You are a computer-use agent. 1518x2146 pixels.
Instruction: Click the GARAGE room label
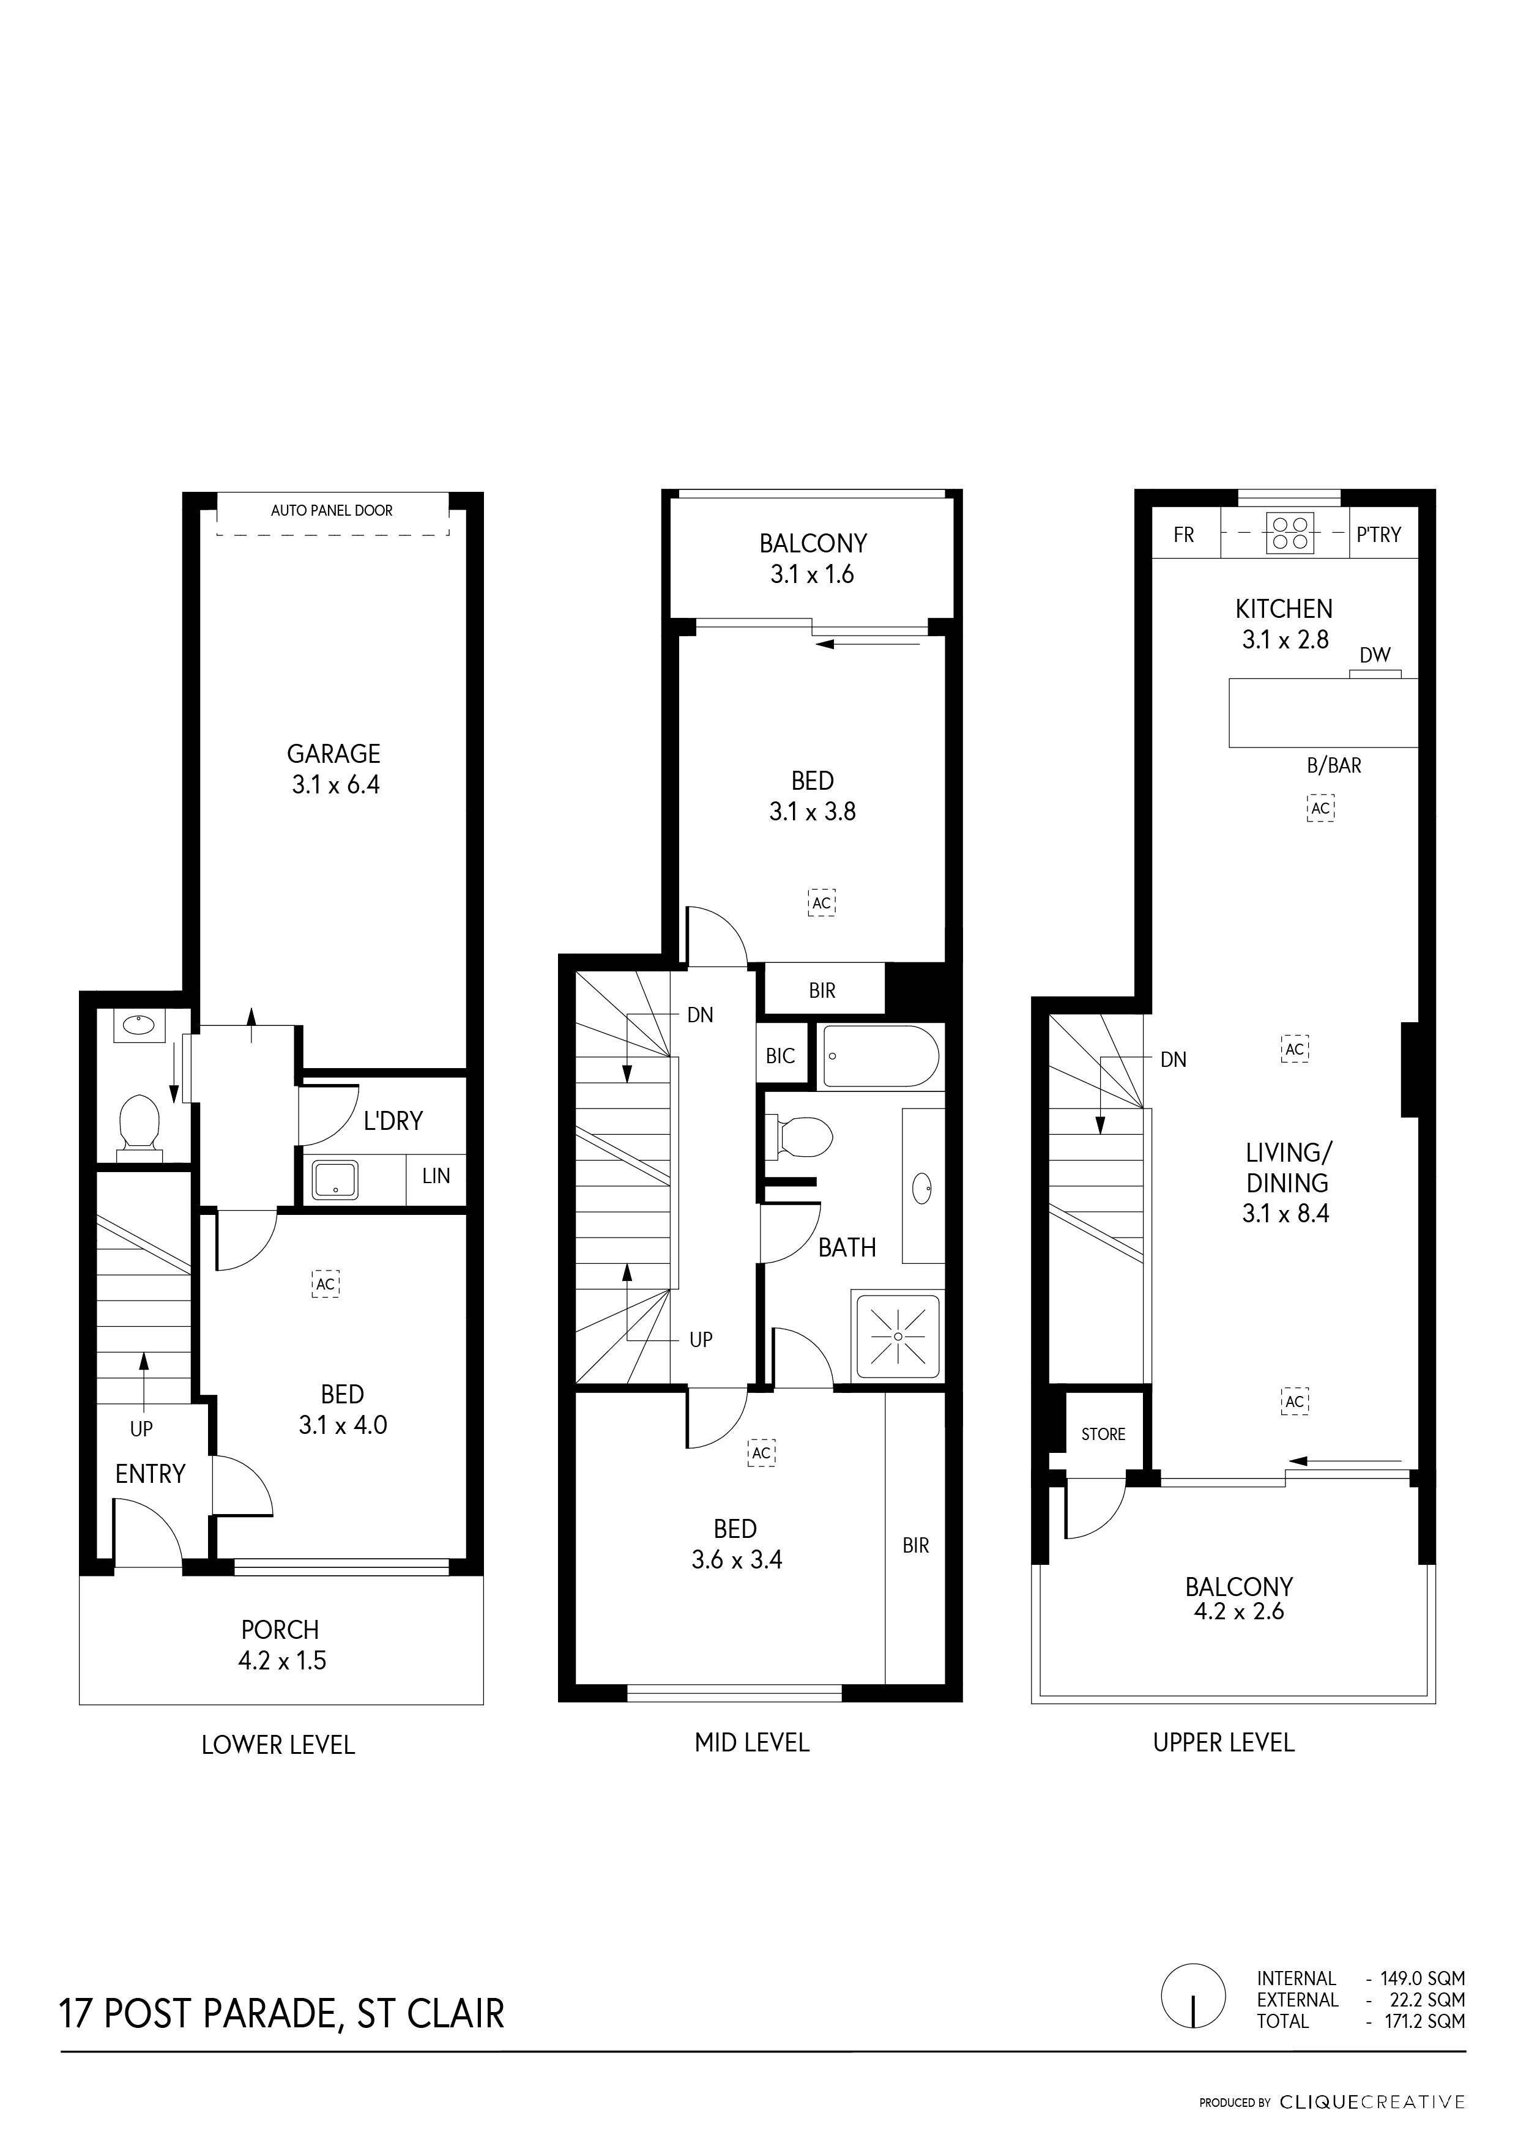333,753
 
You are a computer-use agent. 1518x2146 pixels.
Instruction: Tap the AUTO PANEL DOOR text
332,510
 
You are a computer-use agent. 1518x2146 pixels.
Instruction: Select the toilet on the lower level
138,1121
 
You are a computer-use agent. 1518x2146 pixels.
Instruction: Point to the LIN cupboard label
436,1176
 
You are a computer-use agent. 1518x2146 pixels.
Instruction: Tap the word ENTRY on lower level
151,1474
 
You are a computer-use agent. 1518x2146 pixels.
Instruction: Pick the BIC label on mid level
781,1056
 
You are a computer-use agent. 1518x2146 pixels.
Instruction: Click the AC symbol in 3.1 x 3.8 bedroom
822,903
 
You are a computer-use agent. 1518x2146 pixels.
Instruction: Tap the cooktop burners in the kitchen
1290,533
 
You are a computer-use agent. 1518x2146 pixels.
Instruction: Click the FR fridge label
1185,535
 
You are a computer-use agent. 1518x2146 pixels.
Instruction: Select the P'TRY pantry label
1378,535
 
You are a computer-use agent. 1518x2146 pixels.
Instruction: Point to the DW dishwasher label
1375,655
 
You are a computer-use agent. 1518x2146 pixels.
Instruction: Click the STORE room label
1104,1434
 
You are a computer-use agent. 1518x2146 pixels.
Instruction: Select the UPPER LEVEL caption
1224,1742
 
